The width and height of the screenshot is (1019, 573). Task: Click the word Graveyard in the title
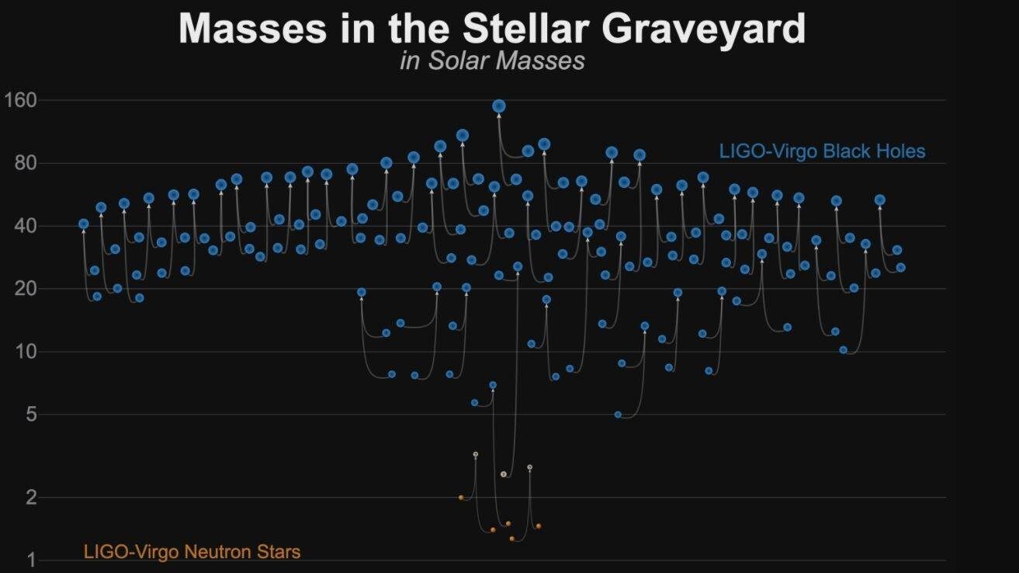[x=702, y=30]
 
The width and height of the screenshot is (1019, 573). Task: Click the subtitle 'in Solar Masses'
[x=492, y=61]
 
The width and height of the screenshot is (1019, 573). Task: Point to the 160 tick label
[x=21, y=100]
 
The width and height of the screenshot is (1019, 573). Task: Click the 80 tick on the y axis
[x=26, y=163]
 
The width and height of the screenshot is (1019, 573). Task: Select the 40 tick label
[x=26, y=226]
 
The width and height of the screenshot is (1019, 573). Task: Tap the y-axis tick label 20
[x=26, y=289]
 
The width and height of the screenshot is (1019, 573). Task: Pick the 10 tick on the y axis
[x=26, y=352]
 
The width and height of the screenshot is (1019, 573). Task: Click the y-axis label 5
[x=31, y=415]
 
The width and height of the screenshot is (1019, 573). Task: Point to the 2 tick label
[x=31, y=497]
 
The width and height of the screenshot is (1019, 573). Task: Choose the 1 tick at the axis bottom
[x=31, y=560]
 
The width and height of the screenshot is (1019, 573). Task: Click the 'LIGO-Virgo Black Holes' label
[x=822, y=151]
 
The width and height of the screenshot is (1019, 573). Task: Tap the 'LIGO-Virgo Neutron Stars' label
[x=192, y=552]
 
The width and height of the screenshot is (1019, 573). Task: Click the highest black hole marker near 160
[x=499, y=106]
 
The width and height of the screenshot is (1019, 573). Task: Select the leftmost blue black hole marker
[x=84, y=224]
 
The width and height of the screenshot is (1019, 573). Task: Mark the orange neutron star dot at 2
[x=461, y=498]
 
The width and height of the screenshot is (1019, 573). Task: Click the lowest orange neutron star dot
[x=511, y=538]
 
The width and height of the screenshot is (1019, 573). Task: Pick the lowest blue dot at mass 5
[x=618, y=415]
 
